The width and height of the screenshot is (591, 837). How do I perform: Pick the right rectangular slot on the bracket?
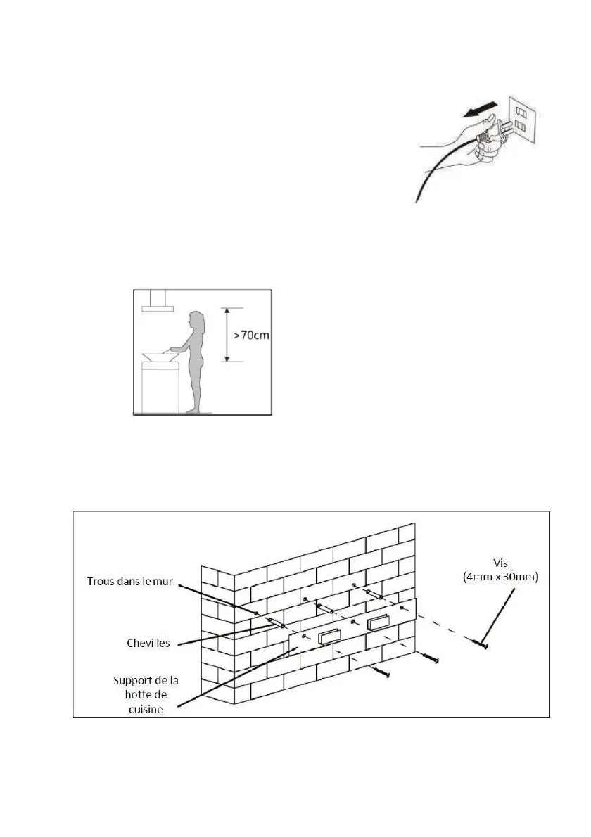[377, 621]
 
